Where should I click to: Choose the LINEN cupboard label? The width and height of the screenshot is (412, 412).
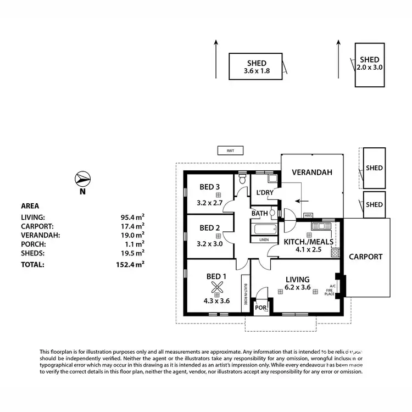(x=264, y=240)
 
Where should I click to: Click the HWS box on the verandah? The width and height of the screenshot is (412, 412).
(x=308, y=215)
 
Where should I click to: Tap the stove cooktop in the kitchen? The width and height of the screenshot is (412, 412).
(x=334, y=253)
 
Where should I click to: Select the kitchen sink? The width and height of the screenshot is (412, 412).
(x=319, y=226)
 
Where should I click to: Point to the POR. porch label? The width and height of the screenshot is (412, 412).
(x=261, y=308)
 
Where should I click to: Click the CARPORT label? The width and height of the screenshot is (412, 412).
(x=365, y=257)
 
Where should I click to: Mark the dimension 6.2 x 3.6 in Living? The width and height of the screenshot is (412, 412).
(x=298, y=287)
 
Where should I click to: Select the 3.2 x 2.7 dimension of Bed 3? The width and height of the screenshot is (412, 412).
(x=210, y=203)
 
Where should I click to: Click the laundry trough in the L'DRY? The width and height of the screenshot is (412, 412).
(x=272, y=179)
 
